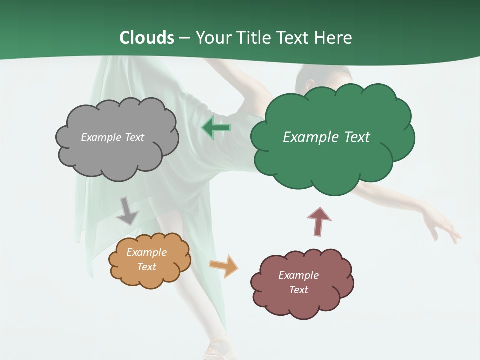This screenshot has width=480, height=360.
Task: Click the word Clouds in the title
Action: [x=147, y=38]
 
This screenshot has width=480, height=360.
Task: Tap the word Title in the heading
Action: [x=254, y=38]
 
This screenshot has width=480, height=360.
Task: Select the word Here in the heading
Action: [x=333, y=38]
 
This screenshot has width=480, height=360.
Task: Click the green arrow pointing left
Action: [x=216, y=128]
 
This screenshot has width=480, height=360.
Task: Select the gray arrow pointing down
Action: [x=127, y=211]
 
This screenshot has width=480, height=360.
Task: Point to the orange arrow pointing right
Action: [x=224, y=265]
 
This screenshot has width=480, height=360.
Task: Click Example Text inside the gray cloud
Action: [x=112, y=137]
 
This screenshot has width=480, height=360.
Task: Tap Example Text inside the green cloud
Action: [x=326, y=137]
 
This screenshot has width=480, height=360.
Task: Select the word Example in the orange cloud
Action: [x=146, y=252]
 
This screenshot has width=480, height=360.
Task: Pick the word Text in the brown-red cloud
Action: [x=298, y=290]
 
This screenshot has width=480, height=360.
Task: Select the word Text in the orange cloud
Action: [x=146, y=267]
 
